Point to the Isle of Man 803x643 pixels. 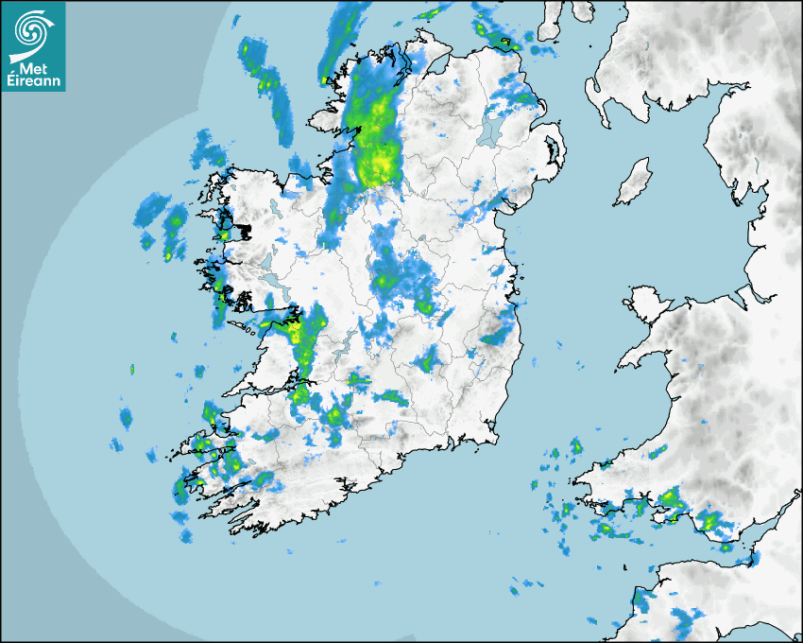click(633, 182)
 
